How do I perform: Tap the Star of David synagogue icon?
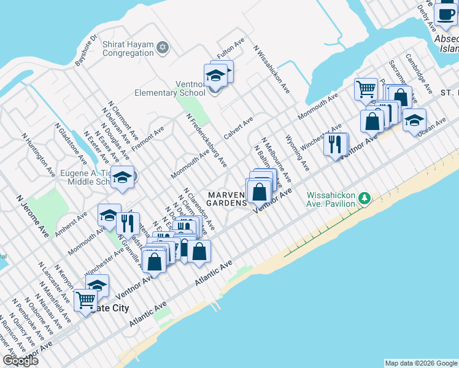click(x=163, y=47)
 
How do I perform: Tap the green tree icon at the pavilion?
click(x=365, y=197)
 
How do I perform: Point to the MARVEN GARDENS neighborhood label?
click(x=228, y=199)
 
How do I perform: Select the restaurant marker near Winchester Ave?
click(x=334, y=145)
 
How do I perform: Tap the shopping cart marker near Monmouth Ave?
click(x=366, y=90)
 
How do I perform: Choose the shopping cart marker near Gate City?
click(x=85, y=301)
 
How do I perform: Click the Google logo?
click(x=20, y=361)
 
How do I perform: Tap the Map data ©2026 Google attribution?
click(x=421, y=363)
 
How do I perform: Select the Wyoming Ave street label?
click(x=298, y=158)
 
